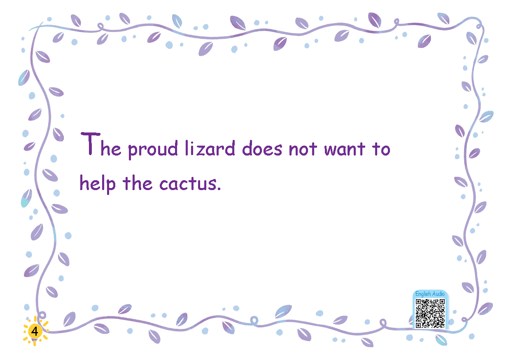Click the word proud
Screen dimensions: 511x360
tap(153, 150)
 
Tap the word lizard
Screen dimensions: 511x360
tap(210, 148)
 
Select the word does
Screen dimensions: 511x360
tap(262, 148)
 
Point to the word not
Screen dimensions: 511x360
tap(303, 149)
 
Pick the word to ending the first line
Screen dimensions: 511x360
tap(381, 149)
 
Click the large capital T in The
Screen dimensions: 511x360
tap(91, 144)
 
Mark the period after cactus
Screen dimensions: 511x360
tap(219, 189)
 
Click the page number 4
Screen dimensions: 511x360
tap(35, 331)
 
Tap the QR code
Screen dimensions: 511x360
tap(430, 314)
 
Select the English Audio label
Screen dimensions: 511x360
tap(430, 294)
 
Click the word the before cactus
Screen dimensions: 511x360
tap(138, 183)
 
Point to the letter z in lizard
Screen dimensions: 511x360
tap(200, 151)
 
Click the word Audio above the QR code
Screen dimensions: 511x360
tap(439, 294)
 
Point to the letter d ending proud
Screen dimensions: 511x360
tap(173, 148)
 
